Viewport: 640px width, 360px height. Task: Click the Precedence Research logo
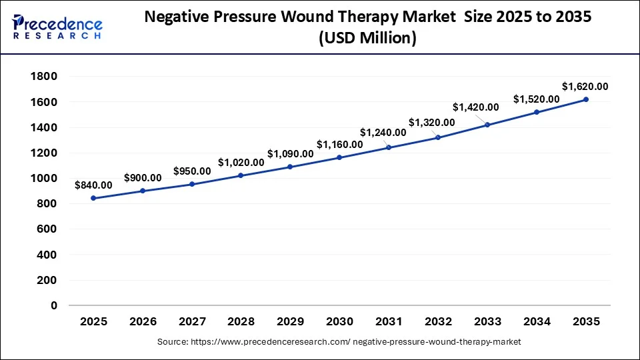[57, 27]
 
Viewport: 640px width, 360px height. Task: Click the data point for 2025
[93, 198]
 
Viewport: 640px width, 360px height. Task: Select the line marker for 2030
[339, 157]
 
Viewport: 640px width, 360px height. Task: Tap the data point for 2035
[586, 99]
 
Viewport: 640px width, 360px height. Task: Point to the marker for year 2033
[487, 125]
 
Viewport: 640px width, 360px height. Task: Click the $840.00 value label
[94, 185]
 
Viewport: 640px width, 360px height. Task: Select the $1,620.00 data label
[585, 86]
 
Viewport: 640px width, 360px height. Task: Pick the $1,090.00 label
[290, 153]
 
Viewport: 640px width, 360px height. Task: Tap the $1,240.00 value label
[383, 132]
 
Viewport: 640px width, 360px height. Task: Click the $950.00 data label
[191, 171]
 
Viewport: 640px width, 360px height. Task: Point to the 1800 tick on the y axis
[43, 77]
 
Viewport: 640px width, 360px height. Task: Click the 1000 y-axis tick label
[43, 179]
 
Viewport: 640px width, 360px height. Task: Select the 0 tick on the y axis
[54, 305]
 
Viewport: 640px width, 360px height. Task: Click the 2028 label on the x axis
[241, 321]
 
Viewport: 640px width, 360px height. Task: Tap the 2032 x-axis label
[438, 321]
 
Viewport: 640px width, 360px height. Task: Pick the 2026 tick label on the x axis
[143, 321]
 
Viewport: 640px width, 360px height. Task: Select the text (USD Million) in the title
[367, 39]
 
